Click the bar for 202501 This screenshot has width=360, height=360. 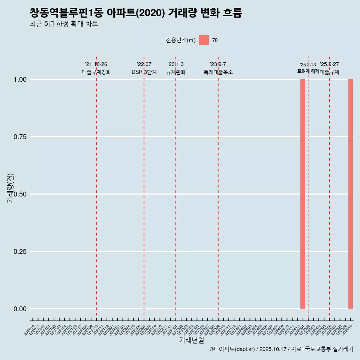coord(303,194)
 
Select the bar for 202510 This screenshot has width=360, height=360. coord(351,194)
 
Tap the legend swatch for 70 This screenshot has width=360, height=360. coord(204,40)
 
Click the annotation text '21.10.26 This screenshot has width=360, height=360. coord(96,64)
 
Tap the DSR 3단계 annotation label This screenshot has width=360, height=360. coord(144,72)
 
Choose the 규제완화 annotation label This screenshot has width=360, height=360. coord(176,72)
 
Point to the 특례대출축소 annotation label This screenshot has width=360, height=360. coord(218,72)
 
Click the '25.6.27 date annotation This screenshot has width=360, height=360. coord(329,64)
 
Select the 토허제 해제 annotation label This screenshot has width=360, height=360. coord(308,71)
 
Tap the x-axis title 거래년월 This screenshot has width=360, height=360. coord(191,340)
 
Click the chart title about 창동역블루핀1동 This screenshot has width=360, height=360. coord(136,13)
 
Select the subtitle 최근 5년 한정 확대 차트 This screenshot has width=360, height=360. coord(64,24)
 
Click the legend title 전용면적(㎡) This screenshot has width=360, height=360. coord(181,40)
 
